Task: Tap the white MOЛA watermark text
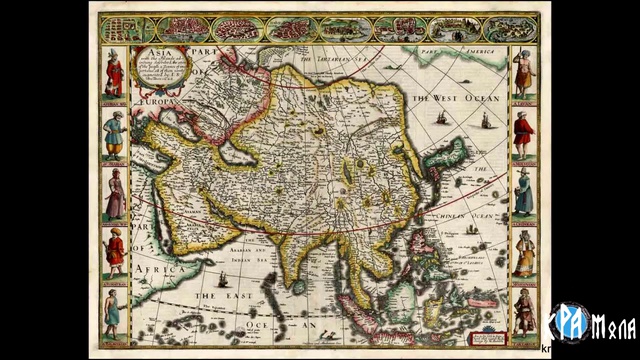click(x=614, y=325)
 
